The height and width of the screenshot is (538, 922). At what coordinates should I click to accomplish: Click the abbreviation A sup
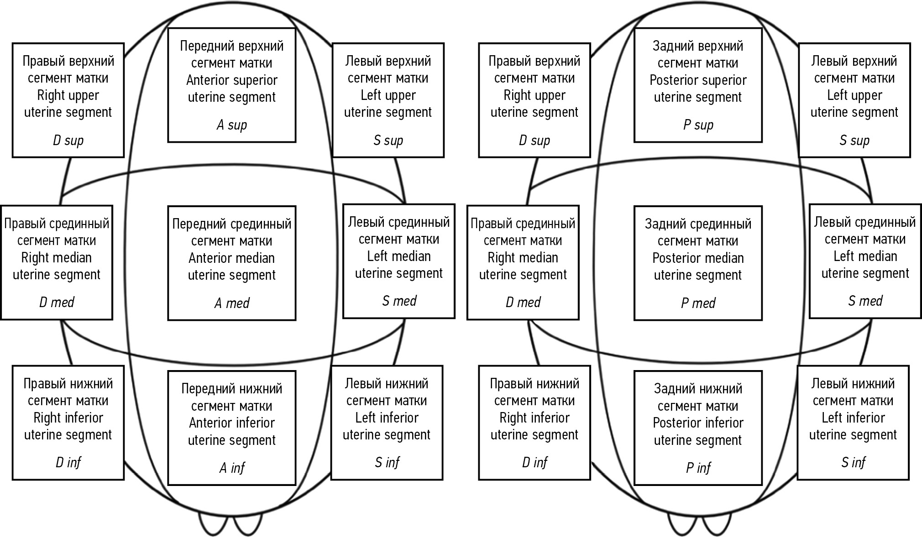pyautogui.click(x=231, y=125)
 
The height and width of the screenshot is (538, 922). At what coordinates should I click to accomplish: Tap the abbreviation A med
pyautogui.click(x=231, y=303)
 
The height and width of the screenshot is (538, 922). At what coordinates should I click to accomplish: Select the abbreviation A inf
pyautogui.click(x=231, y=468)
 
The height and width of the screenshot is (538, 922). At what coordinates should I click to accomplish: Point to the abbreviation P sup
pyautogui.click(x=698, y=125)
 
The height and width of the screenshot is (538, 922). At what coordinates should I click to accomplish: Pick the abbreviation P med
pyautogui.click(x=698, y=303)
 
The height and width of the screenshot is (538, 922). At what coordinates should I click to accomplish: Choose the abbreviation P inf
pyautogui.click(x=698, y=468)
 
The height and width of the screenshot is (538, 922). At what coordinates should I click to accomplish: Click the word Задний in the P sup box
pyautogui.click(x=672, y=46)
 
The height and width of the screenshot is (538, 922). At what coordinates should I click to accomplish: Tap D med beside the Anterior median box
pyautogui.click(x=57, y=302)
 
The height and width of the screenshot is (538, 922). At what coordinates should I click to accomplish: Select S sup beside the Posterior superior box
pyautogui.click(x=854, y=141)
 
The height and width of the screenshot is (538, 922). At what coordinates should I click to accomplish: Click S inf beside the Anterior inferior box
pyautogui.click(x=387, y=463)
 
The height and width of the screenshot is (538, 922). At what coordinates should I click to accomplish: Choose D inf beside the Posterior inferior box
pyautogui.click(x=534, y=463)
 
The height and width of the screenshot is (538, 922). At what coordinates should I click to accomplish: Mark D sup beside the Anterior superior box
pyautogui.click(x=68, y=141)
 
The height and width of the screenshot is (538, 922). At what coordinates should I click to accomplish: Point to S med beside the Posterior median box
pyautogui.click(x=865, y=301)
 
